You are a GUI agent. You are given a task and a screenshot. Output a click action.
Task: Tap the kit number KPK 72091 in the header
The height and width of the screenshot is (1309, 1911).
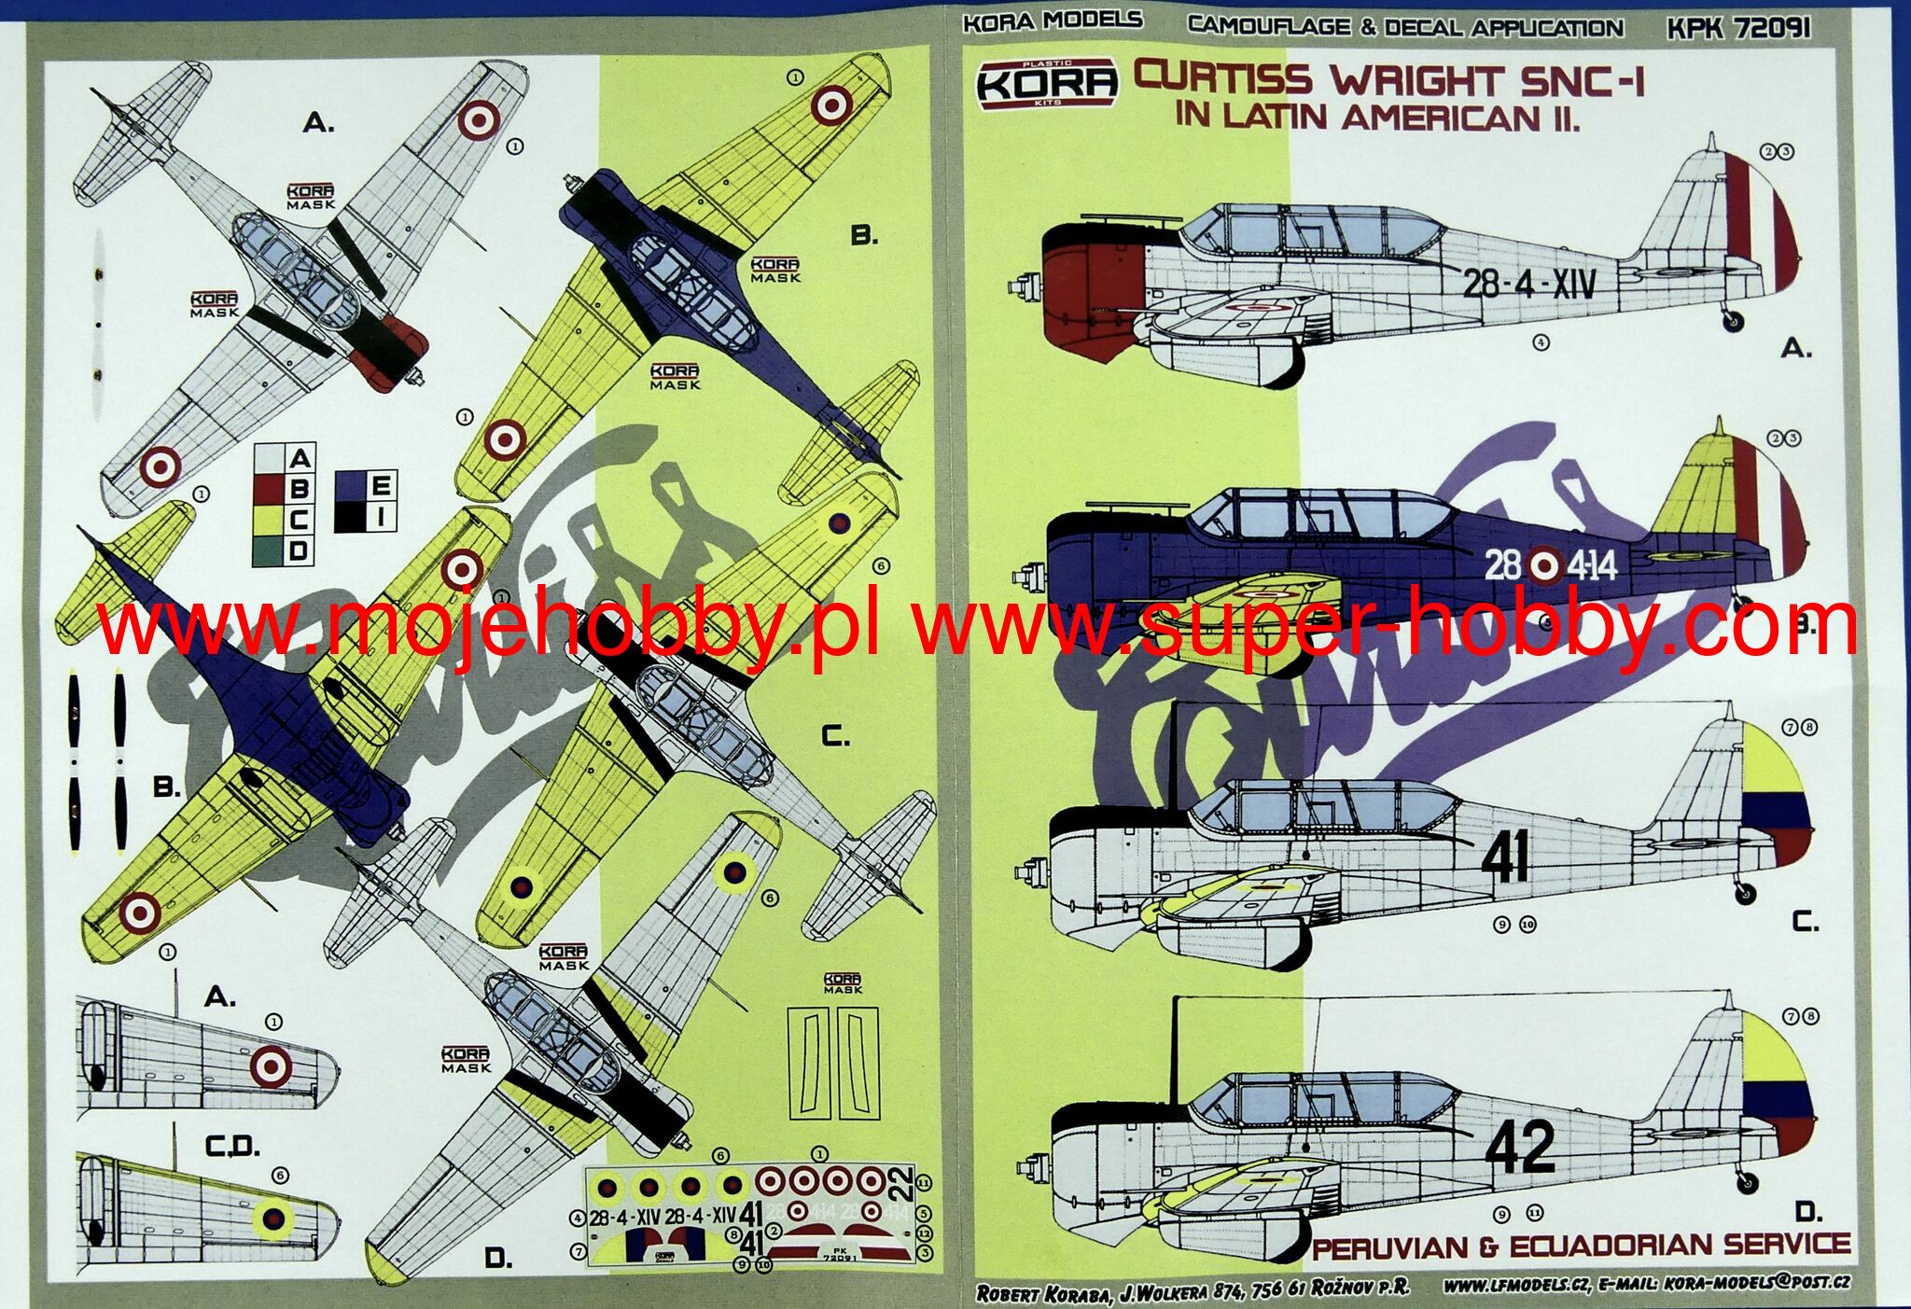1738,28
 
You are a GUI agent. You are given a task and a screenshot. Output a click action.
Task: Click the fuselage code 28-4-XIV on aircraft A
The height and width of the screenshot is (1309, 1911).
1528,282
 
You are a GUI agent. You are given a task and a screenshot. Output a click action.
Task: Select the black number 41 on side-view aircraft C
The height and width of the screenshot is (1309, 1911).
1505,856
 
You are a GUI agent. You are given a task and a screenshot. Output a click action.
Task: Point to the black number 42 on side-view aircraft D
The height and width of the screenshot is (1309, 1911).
1520,1147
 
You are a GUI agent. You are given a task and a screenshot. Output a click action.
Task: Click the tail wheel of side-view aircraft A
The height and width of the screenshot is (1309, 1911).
1732,321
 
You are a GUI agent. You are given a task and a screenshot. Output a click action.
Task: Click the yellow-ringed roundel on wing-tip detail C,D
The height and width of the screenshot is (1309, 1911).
273,1217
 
